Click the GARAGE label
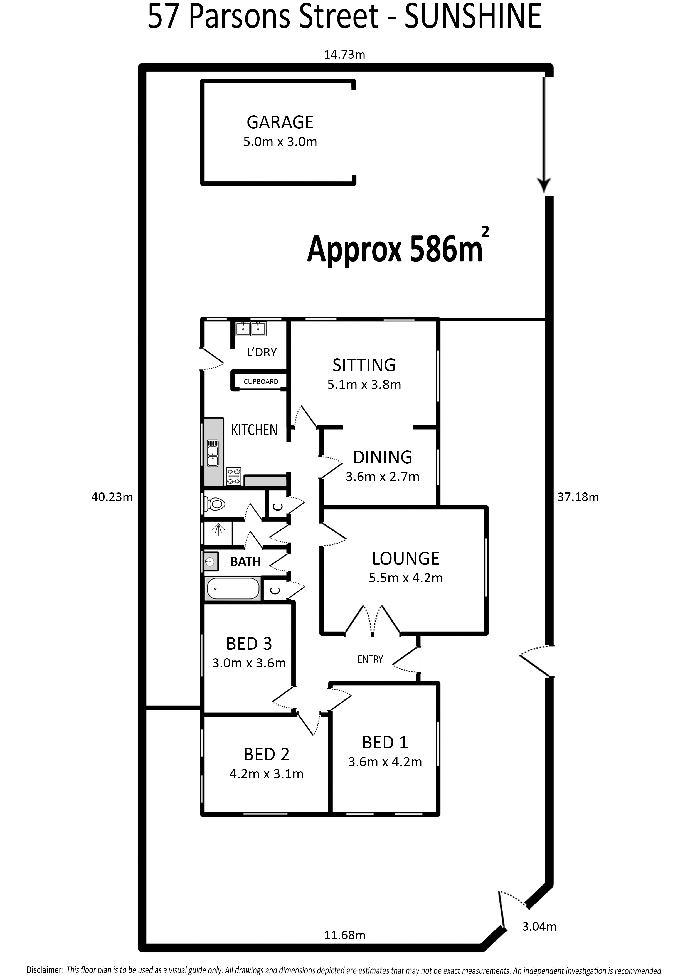[x=280, y=122]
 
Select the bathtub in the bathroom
[x=233, y=588]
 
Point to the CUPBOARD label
[x=261, y=382]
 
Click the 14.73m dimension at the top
[x=344, y=55]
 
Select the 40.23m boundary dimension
[x=112, y=497]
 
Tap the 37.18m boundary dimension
[x=578, y=497]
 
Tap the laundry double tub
[x=251, y=329]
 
